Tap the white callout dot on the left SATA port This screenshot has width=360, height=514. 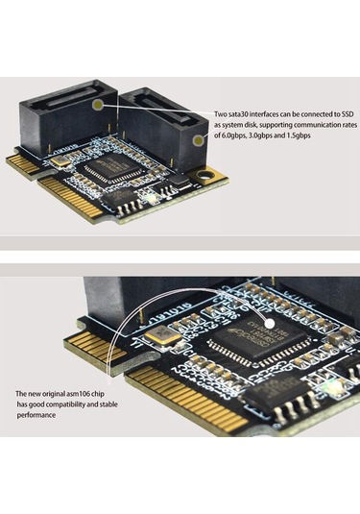coord(99,101)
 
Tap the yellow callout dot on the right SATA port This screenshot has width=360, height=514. coord(197,140)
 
